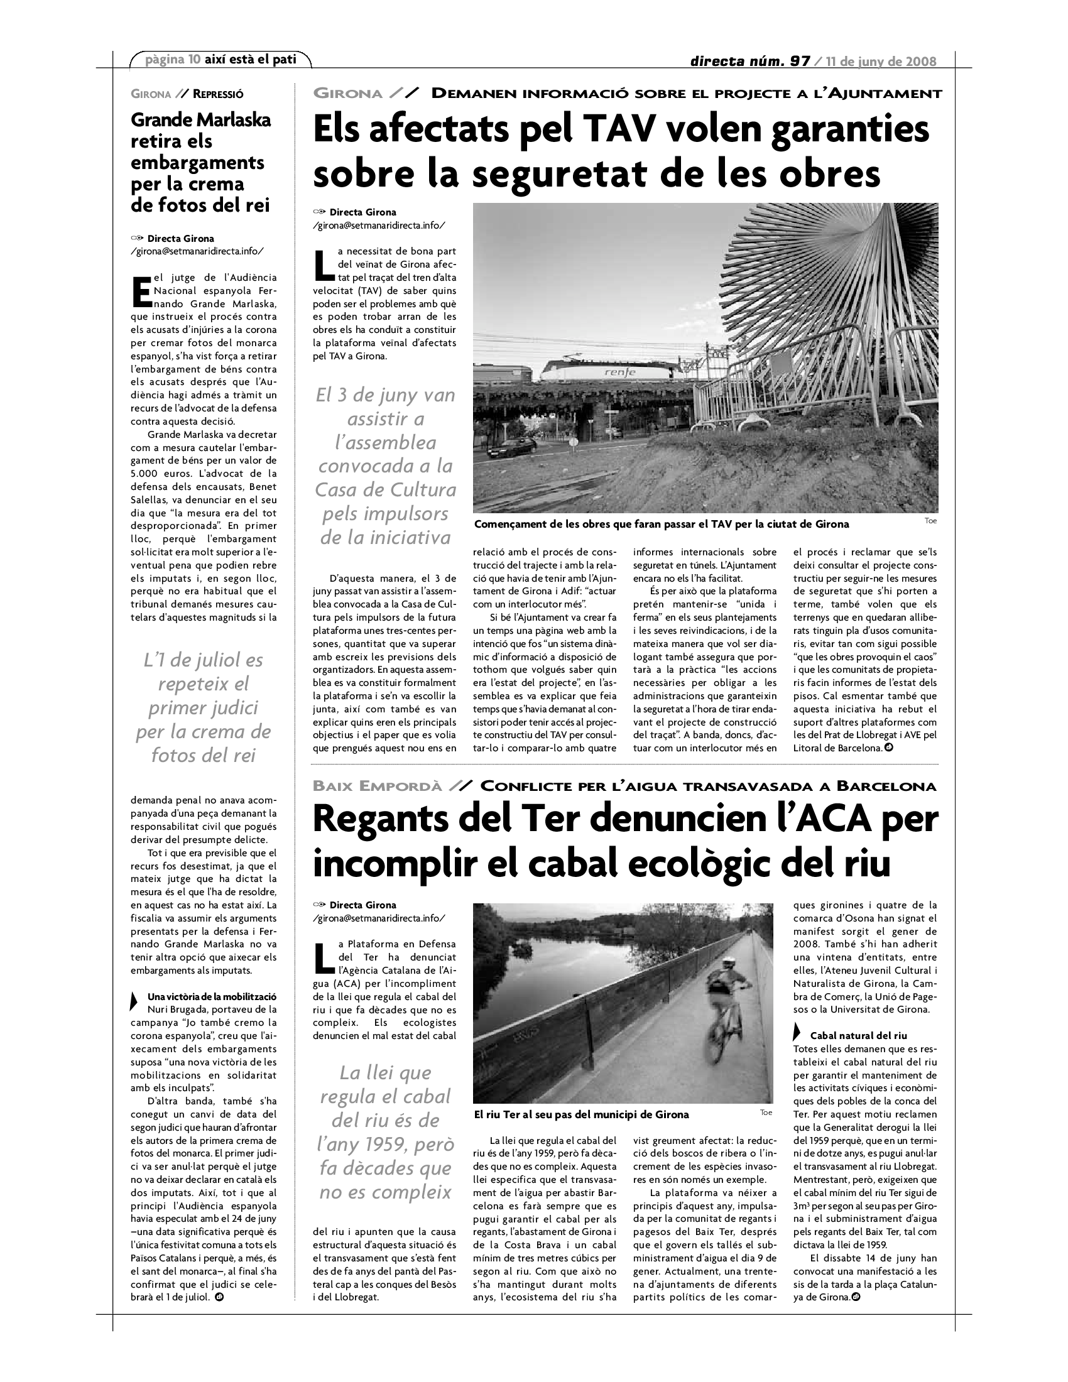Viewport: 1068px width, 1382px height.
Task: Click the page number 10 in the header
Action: (x=194, y=60)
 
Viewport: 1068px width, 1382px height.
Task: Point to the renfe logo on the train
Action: (x=620, y=373)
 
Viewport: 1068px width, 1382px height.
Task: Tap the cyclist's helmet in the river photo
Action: (x=729, y=963)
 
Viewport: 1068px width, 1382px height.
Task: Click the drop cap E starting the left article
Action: (x=141, y=290)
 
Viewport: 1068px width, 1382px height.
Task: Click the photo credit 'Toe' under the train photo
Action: (x=930, y=521)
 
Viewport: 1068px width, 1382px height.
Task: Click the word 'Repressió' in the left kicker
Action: (x=218, y=94)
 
